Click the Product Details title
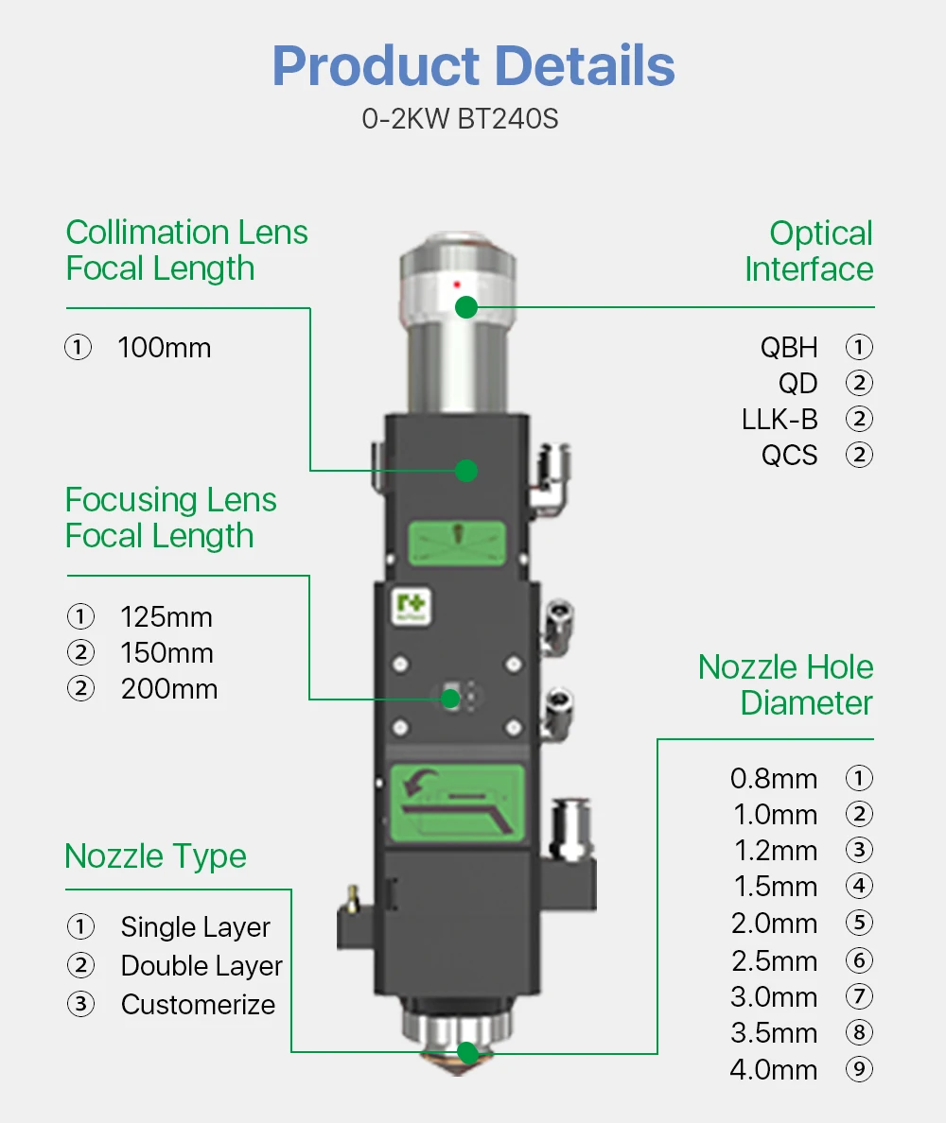click(x=473, y=66)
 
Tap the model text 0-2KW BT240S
click(x=460, y=120)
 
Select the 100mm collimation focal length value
click(x=164, y=348)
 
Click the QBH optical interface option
click(x=789, y=347)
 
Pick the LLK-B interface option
click(x=780, y=419)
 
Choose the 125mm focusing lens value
click(x=166, y=617)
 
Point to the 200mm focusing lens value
click(x=168, y=689)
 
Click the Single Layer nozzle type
click(x=195, y=927)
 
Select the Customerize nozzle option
click(x=198, y=1005)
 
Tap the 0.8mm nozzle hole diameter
click(x=774, y=779)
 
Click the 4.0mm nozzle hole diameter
click(x=774, y=1070)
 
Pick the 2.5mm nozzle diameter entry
click(x=774, y=961)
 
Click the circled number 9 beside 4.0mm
click(x=858, y=1070)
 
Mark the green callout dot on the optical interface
click(x=465, y=307)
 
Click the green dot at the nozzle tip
click(x=466, y=1052)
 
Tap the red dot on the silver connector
click(x=457, y=284)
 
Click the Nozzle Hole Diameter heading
click(x=785, y=685)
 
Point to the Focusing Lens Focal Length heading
click(x=170, y=518)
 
